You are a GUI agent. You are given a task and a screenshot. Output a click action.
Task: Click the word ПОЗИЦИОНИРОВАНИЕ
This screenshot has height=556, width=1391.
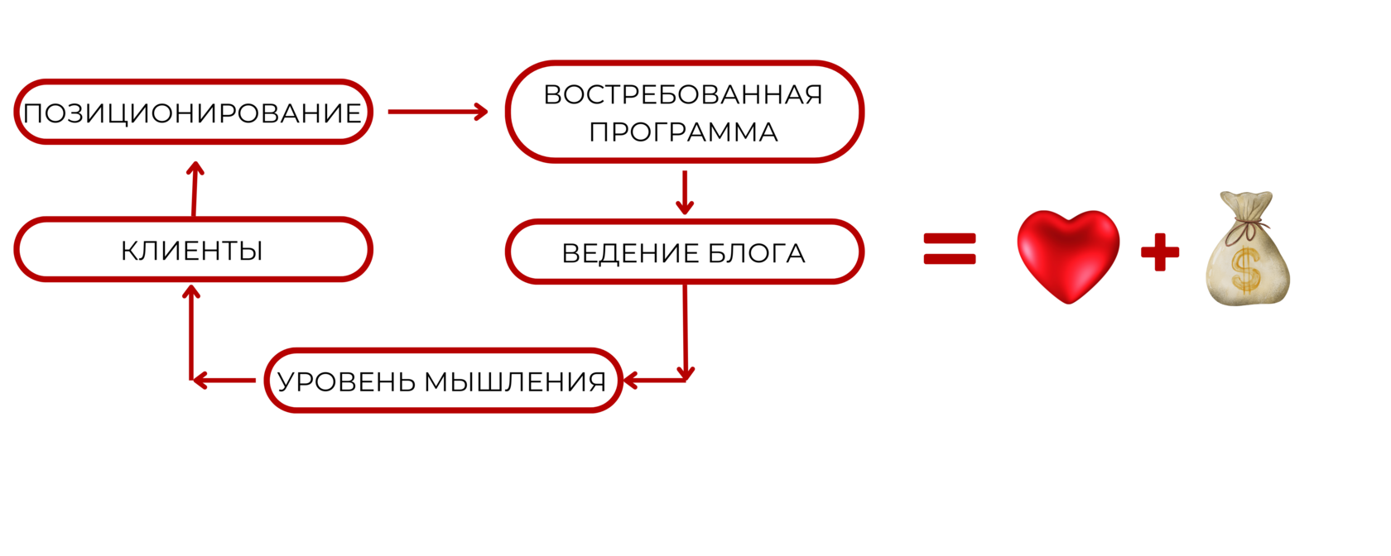tap(192, 113)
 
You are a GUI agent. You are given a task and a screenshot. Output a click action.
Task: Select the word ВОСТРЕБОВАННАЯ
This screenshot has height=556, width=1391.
tap(683, 94)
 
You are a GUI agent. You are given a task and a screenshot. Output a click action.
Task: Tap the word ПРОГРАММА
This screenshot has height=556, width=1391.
tap(683, 132)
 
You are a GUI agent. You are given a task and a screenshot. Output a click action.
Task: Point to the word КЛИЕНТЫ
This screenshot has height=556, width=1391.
tap(192, 250)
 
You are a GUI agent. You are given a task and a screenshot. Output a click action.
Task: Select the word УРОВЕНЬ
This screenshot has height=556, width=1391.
tap(345, 381)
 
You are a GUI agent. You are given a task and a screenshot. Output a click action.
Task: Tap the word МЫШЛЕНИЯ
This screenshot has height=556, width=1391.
tap(515, 381)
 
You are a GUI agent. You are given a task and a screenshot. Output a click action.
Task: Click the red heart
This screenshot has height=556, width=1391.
tap(1068, 255)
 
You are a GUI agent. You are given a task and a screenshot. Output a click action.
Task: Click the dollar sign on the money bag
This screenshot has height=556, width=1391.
tap(1245, 270)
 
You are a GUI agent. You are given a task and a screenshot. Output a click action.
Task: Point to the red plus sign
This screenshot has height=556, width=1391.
tap(1160, 252)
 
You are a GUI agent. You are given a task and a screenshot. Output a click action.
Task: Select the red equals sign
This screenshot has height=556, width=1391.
tap(950, 248)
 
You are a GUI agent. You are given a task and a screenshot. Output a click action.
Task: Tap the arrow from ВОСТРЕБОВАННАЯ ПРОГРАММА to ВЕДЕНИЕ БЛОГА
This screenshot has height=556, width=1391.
tap(684, 192)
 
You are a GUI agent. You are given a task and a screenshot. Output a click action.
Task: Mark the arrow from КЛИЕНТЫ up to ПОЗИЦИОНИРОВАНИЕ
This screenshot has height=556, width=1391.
tap(195, 189)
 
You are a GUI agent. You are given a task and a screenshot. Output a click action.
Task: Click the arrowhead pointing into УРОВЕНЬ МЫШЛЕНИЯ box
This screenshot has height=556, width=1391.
tap(631, 381)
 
